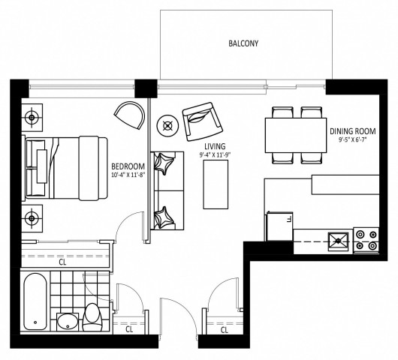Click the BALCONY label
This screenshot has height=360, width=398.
coord(243,43)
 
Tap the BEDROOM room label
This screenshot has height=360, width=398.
coord(128,166)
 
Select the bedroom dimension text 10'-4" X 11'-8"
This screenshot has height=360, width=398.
coord(128,175)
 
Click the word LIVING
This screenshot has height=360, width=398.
coord(215,146)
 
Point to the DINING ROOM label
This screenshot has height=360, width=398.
coord(353,131)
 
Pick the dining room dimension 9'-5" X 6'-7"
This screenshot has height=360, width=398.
coord(353,140)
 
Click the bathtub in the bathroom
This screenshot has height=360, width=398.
coord(35,301)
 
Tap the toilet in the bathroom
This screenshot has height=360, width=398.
coord(93,317)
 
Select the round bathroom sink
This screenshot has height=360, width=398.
coord(68,322)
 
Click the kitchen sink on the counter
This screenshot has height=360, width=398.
coord(338,241)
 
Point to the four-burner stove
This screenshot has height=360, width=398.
coord(366,240)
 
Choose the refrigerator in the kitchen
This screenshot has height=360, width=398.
coord(279,226)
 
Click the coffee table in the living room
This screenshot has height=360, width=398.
coord(216,184)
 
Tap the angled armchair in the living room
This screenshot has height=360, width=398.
coord(203,121)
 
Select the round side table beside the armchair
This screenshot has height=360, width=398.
coord(167,125)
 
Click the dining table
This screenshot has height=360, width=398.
coord(296,135)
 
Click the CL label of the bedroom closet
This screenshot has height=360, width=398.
coord(62,262)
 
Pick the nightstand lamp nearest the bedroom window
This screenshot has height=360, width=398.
coord(32,118)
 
